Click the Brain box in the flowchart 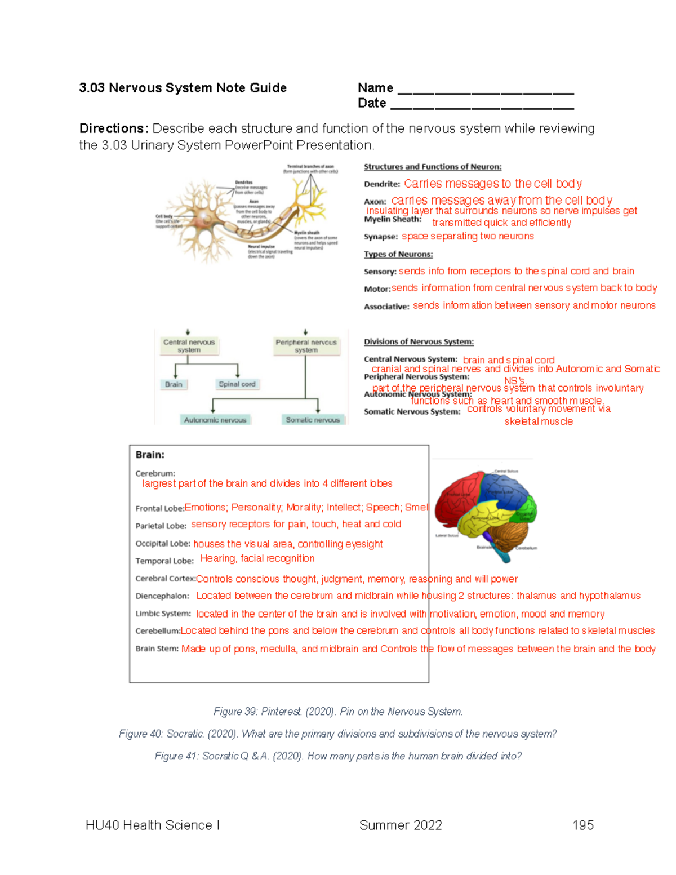point(174,384)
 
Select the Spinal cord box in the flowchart point(237,384)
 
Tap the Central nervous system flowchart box point(189,346)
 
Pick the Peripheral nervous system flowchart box point(306,346)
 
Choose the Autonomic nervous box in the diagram point(215,420)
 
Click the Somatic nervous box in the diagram point(313,420)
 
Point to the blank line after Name point(486,90)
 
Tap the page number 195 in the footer point(582,825)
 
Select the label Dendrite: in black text point(382,184)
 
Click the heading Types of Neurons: point(398,254)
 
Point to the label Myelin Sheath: point(393,219)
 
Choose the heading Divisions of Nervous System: point(419,341)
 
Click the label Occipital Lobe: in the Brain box point(163,544)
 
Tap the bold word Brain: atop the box point(150,455)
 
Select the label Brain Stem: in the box point(157,649)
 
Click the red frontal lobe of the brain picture point(459,493)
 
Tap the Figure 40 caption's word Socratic point(185,734)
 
